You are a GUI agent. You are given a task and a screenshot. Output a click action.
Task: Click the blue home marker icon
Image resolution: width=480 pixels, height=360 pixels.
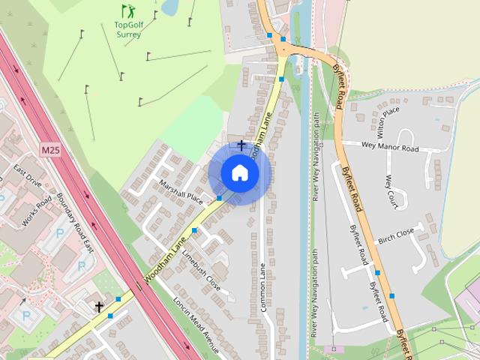[239, 173]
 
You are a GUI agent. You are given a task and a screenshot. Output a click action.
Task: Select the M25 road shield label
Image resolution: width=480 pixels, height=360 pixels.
[50, 151]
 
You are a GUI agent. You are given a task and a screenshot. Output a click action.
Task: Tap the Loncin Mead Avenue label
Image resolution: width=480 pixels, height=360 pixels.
[196, 327]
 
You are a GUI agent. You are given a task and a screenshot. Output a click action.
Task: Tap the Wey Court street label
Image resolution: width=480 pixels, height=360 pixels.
[390, 193]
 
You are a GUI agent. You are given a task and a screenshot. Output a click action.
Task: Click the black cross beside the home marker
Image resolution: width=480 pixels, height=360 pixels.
[241, 145]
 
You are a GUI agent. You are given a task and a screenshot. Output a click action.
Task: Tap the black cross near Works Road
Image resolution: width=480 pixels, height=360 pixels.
[99, 307]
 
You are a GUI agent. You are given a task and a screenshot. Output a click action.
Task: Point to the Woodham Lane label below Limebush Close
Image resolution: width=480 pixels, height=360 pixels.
[165, 262]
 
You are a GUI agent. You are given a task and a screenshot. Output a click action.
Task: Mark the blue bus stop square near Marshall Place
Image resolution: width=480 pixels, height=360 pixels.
[219, 198]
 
